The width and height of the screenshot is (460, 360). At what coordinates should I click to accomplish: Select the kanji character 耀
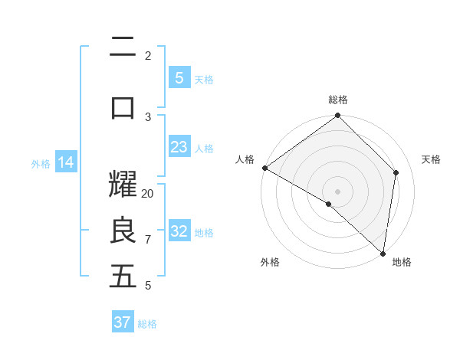click(x=123, y=184)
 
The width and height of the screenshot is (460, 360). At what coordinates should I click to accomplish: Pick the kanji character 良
click(x=123, y=231)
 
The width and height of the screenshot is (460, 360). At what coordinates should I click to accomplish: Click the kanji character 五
click(x=123, y=276)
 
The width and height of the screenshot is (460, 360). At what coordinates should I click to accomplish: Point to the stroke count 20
click(x=148, y=194)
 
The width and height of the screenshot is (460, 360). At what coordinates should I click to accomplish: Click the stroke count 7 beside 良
click(x=148, y=240)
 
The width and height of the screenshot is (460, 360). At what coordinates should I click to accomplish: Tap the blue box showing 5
click(x=179, y=77)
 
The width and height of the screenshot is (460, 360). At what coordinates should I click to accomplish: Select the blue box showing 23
click(x=179, y=147)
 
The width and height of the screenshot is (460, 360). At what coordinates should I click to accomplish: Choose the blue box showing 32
click(x=179, y=231)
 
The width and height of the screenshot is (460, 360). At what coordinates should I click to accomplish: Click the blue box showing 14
click(x=66, y=162)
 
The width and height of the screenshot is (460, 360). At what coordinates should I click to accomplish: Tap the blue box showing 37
click(x=122, y=322)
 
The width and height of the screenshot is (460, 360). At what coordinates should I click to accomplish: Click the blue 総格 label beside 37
click(x=147, y=324)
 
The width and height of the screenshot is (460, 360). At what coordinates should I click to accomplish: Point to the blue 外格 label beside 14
click(x=41, y=163)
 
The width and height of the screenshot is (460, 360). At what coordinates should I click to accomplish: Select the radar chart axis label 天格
click(x=431, y=159)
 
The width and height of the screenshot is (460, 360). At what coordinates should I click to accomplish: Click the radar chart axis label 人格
click(x=245, y=159)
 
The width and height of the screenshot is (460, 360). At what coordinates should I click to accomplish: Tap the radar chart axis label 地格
click(x=402, y=262)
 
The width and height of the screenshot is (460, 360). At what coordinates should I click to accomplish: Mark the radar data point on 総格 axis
click(x=337, y=116)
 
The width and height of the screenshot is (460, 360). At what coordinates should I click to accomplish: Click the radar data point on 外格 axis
click(x=329, y=204)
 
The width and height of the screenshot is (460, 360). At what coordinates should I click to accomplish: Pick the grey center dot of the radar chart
click(x=337, y=191)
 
